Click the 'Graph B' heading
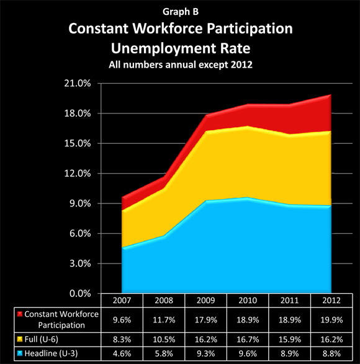tap(181, 12)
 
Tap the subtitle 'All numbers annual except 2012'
tap(181, 64)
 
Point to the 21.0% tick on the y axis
tap(78, 83)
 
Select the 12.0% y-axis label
tap(78, 174)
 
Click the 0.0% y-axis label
tap(80, 293)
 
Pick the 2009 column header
tap(205, 300)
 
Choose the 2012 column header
tap(331, 300)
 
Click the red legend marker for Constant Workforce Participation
tap(20, 314)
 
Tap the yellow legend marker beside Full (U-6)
tap(20, 339)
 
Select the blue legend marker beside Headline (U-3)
tap(20, 353)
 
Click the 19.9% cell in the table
tap(331, 320)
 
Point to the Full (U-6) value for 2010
tap(248, 340)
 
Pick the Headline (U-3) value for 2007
tap(122, 353)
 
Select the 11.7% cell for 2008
tap(164, 320)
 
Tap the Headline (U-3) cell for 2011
tap(290, 353)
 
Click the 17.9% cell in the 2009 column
tap(205, 320)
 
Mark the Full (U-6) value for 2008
tap(164, 340)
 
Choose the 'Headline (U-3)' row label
tap(51, 353)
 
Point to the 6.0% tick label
tap(80, 233)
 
